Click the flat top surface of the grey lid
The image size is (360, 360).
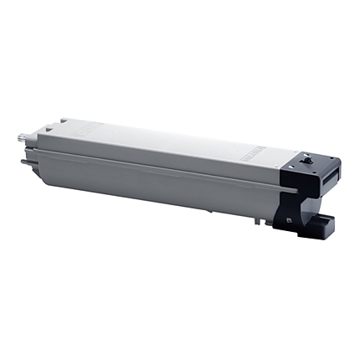167,142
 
